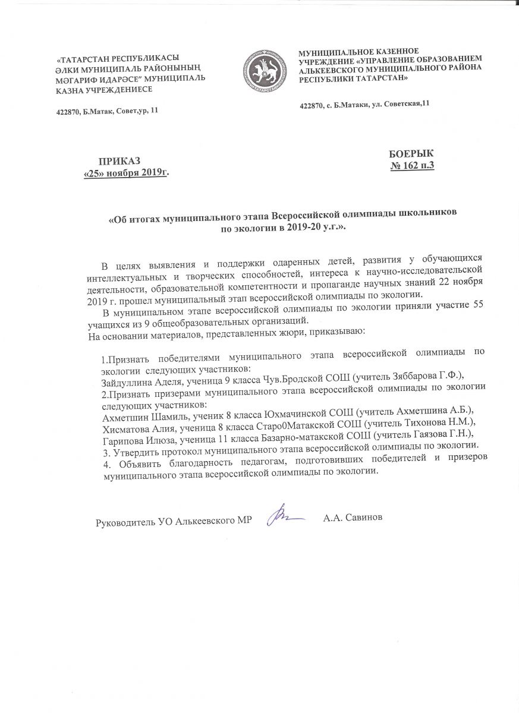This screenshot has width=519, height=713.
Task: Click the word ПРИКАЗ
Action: point(121,161)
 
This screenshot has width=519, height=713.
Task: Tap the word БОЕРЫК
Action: point(411,153)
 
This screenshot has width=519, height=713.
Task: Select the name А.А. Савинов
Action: point(353,518)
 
